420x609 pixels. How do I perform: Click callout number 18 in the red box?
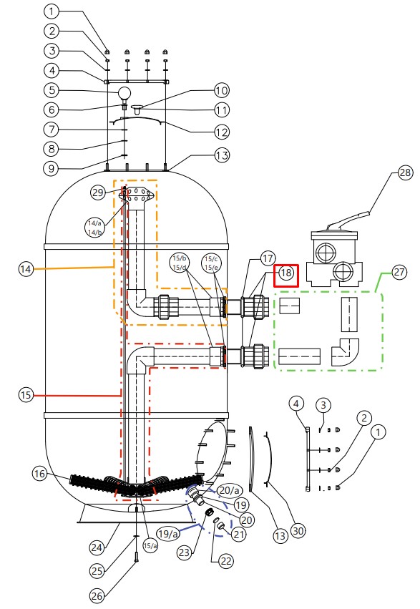click(x=285, y=273)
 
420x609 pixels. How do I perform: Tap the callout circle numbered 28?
click(x=405, y=172)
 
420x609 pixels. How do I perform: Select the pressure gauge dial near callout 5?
click(x=125, y=93)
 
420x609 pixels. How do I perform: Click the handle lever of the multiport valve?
click(x=348, y=220)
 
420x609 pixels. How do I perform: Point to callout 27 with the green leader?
click(x=399, y=272)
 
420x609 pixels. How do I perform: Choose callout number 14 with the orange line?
click(x=26, y=269)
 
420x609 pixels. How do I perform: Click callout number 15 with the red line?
click(x=26, y=395)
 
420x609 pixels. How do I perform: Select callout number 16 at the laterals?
click(x=39, y=474)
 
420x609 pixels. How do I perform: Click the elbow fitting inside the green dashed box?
click(x=345, y=352)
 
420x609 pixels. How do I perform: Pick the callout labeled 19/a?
click(x=168, y=534)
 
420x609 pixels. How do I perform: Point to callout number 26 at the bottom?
click(x=97, y=595)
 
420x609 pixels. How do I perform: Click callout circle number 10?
click(x=222, y=90)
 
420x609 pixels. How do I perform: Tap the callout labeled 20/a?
click(x=230, y=490)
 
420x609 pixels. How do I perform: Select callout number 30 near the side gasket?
click(x=298, y=530)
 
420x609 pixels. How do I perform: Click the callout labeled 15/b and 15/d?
click(x=180, y=263)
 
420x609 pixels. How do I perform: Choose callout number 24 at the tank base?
click(x=97, y=547)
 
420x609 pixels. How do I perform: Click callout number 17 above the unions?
click(x=268, y=258)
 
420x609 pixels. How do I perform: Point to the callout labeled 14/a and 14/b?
click(x=94, y=228)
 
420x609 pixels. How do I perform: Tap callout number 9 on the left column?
click(x=52, y=169)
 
